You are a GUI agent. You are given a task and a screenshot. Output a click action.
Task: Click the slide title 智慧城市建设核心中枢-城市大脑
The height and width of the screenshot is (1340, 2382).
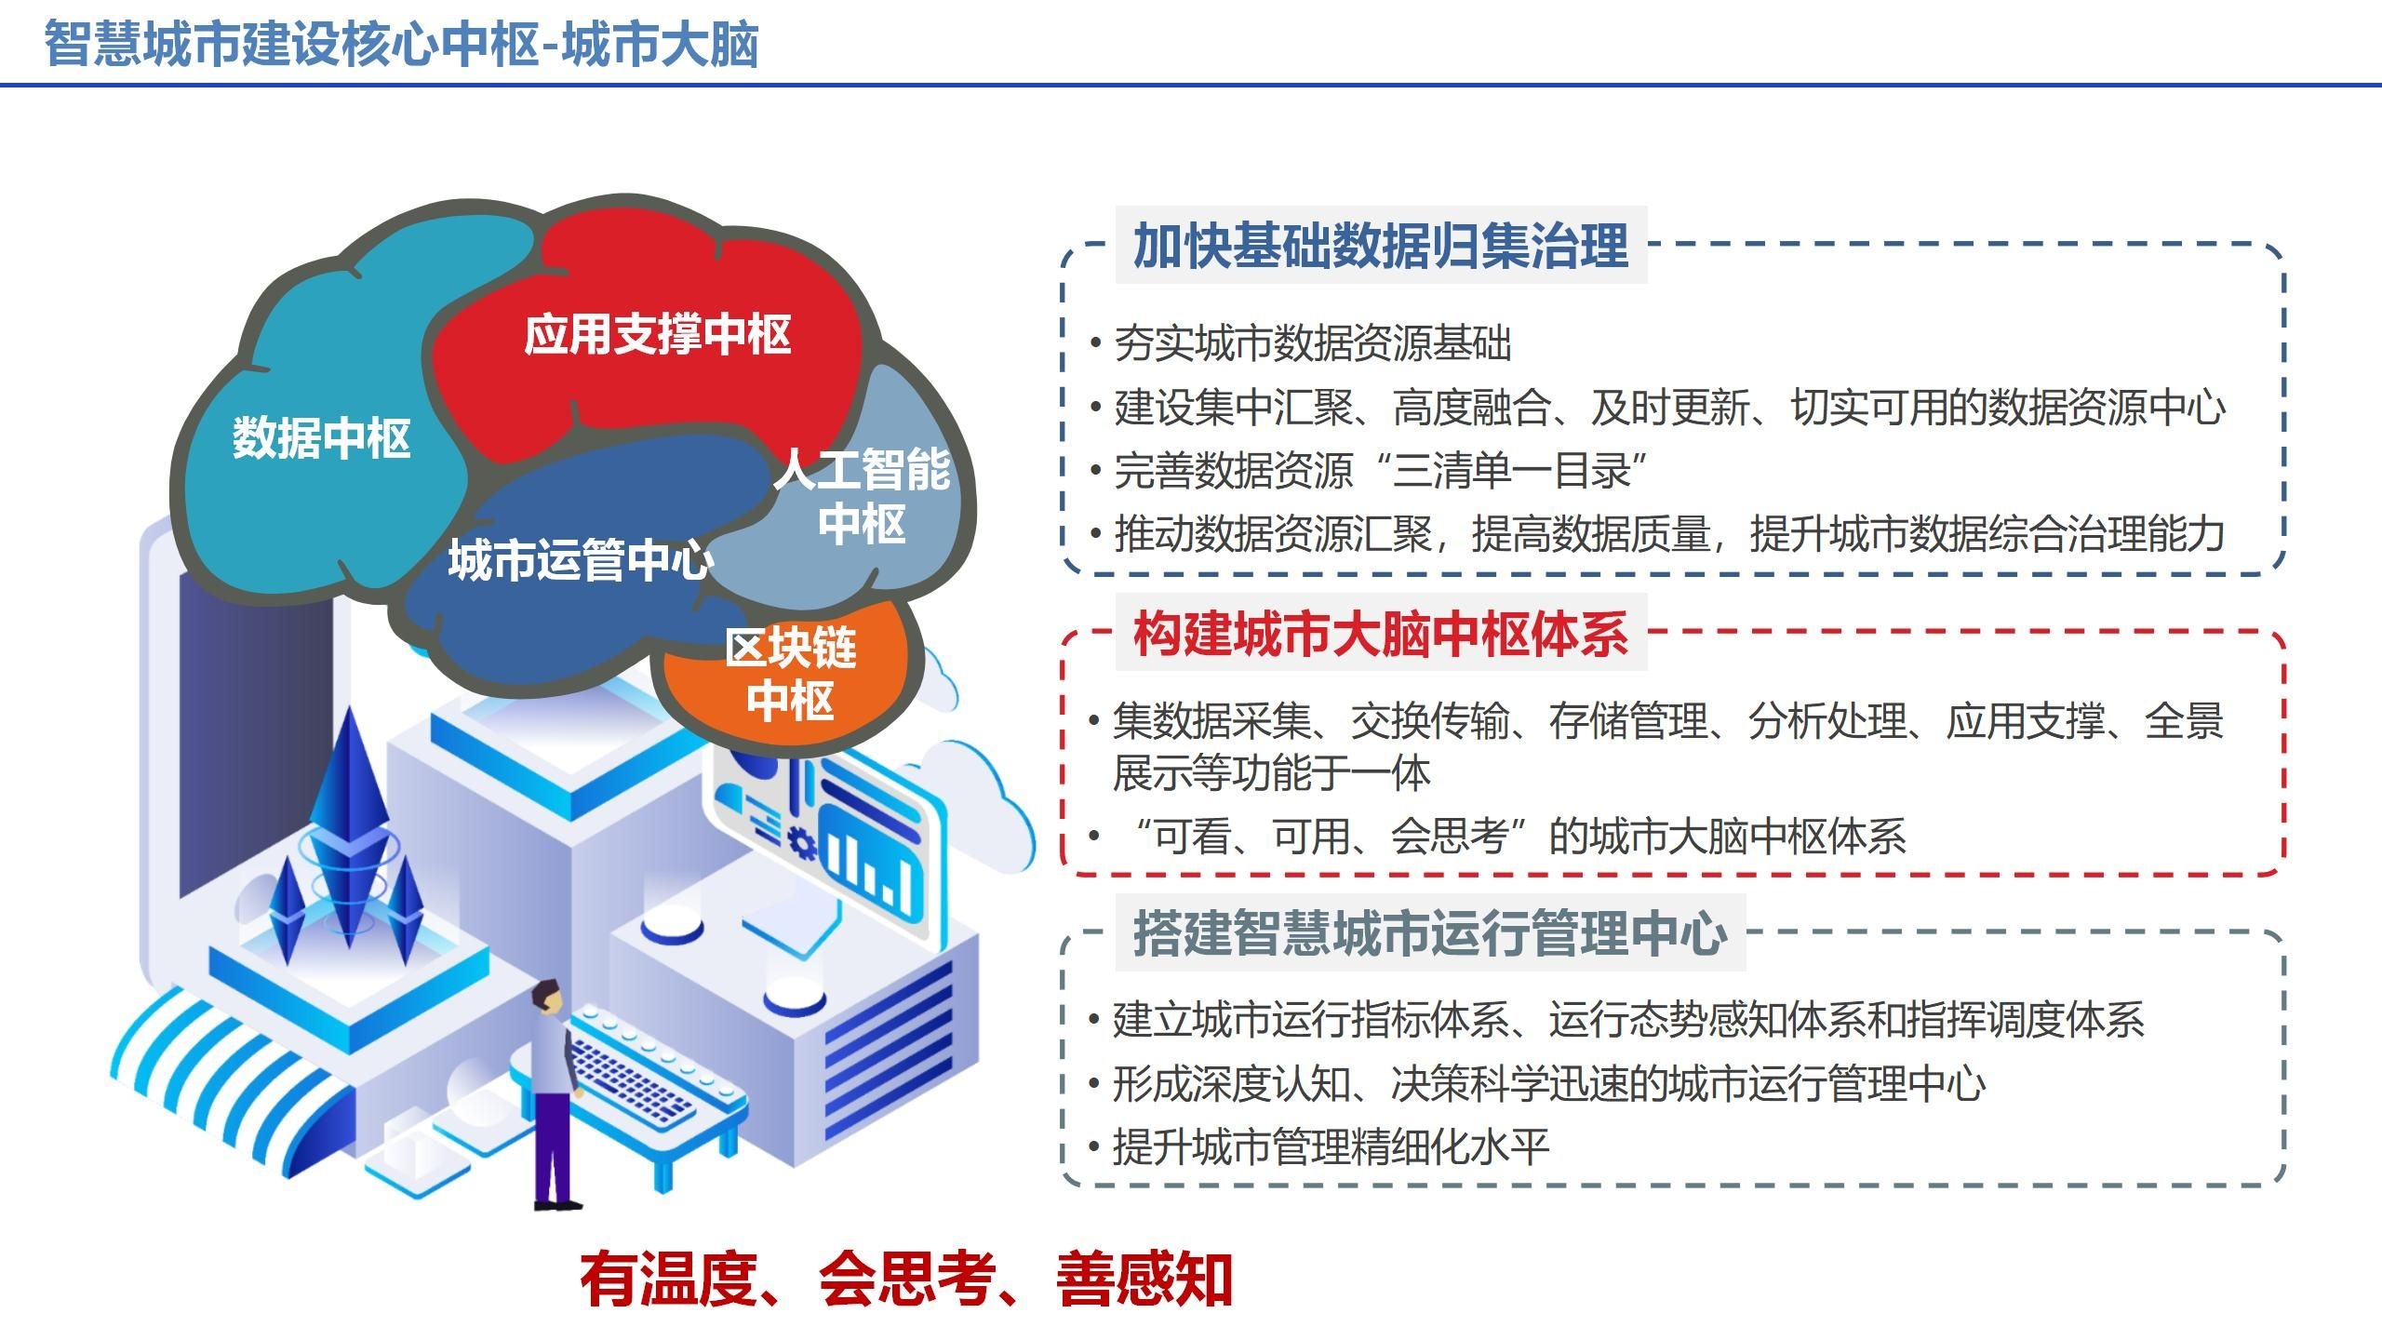pos(401,44)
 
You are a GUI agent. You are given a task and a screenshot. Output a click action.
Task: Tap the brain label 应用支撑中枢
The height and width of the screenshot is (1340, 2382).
pos(657,334)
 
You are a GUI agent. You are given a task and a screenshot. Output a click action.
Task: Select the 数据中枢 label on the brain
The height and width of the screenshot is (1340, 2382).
pos(321,437)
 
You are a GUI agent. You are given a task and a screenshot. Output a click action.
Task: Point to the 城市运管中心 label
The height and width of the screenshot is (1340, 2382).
pos(581,560)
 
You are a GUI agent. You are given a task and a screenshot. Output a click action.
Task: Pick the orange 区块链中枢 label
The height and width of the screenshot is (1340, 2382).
pos(790,673)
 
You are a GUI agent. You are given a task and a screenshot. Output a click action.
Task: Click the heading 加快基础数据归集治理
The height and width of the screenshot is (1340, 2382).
pos(1381,246)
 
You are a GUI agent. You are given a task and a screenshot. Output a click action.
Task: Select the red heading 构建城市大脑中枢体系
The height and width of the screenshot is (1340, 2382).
pos(1381,633)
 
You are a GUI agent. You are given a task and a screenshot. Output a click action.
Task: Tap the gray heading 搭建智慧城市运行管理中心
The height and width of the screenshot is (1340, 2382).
pos(1430,933)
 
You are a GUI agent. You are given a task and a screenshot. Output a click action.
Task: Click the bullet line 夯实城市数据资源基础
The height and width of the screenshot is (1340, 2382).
pos(1312,343)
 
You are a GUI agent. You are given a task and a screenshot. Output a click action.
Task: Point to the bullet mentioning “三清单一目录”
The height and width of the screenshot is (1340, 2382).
pos(1381,471)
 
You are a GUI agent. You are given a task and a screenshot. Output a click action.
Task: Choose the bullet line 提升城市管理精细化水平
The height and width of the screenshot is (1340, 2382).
pos(1331,1146)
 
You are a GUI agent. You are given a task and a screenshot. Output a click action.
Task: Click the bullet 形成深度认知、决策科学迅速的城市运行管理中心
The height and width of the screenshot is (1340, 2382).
pos(1549,1083)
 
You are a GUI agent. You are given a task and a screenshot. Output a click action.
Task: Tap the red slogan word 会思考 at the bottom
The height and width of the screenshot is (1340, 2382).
pos(907,1280)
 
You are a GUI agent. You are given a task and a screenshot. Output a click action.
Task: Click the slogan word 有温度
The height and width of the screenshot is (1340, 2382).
pos(668,1280)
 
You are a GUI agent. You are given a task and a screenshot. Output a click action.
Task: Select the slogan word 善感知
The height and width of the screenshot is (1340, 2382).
pos(1144,1280)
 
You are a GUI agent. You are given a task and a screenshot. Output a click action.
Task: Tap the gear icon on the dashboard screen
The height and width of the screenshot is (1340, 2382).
pos(801,843)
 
